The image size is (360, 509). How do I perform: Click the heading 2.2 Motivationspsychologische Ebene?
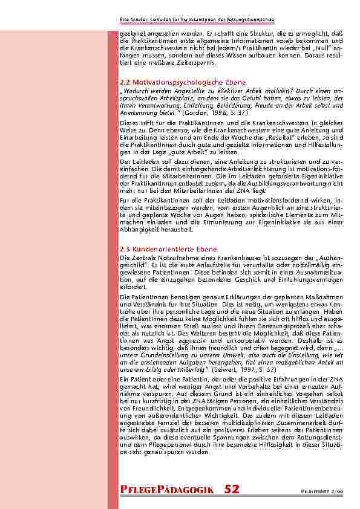coord(183,81)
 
